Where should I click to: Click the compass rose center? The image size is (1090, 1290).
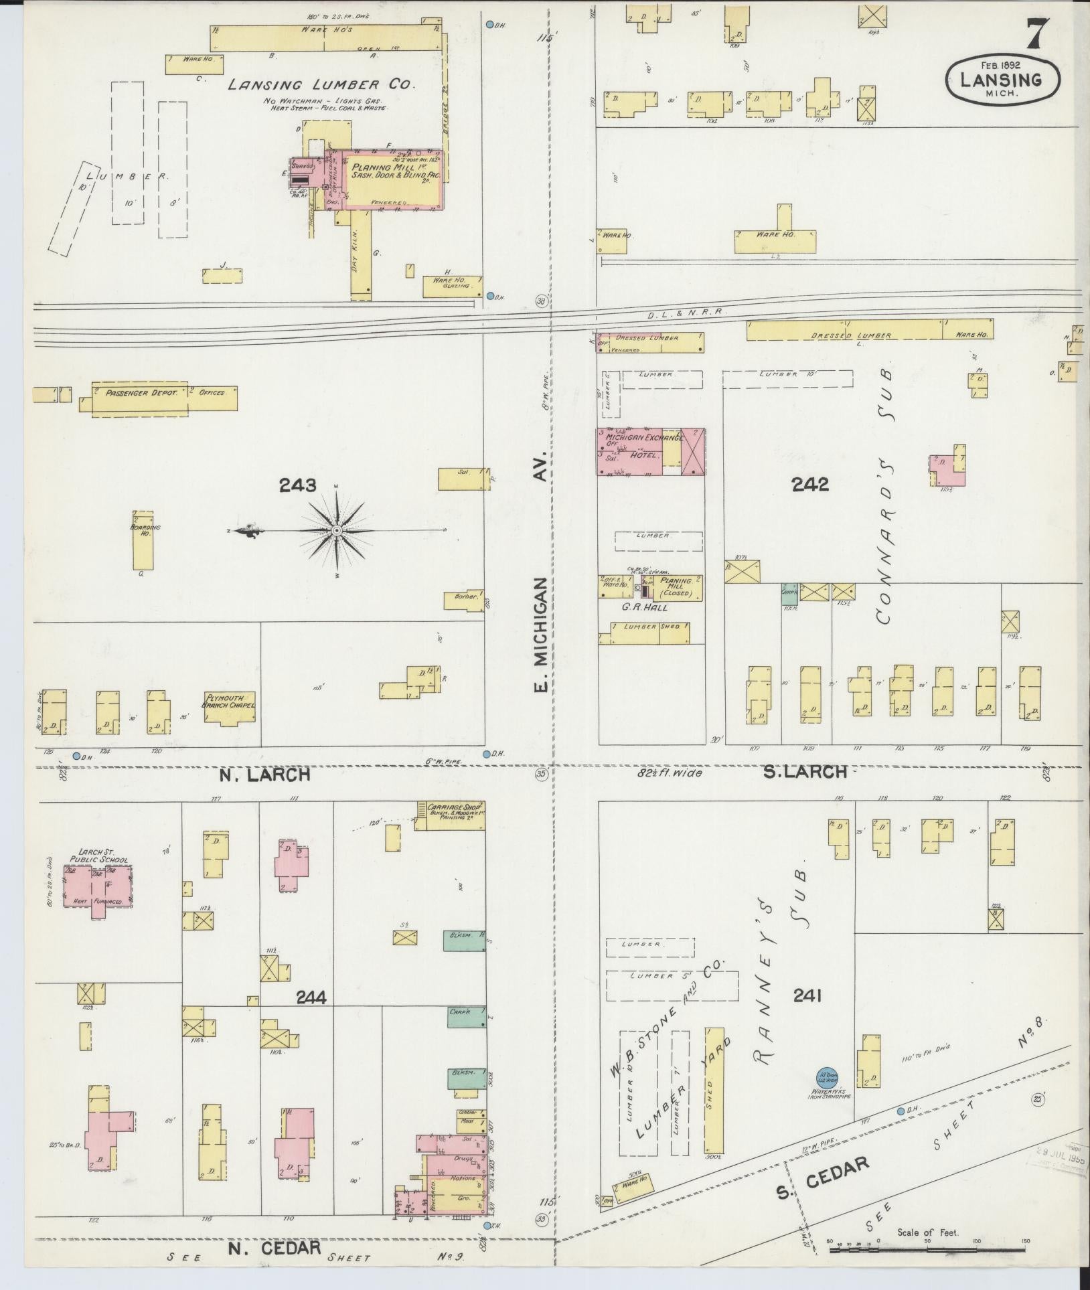point(337,530)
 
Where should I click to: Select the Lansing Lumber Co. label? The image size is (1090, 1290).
point(321,84)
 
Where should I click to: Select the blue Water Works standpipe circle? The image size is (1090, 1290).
point(824,1077)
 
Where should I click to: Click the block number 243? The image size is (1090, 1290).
point(298,485)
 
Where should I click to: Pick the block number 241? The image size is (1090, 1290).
point(807,1015)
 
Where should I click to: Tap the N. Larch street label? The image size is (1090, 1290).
point(265,775)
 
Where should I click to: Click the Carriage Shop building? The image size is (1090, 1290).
point(450,815)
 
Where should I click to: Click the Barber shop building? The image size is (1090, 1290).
point(463,600)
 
